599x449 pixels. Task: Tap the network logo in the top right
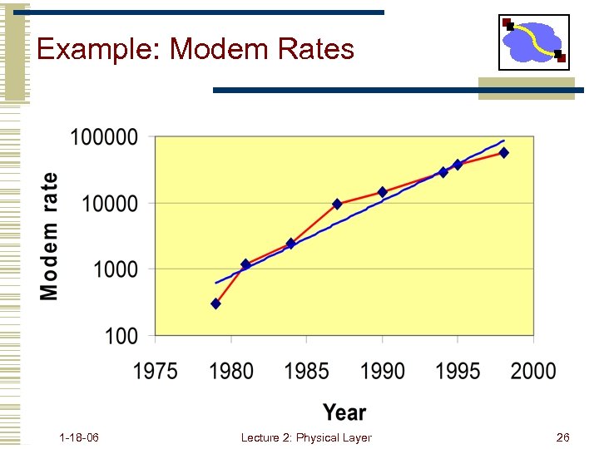pyautogui.click(x=533, y=42)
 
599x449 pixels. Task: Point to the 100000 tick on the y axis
pyautogui.click(x=104, y=137)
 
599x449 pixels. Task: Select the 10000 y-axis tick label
pyautogui.click(x=109, y=203)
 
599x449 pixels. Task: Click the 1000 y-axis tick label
pyautogui.click(x=115, y=269)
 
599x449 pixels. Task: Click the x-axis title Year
pyautogui.click(x=344, y=412)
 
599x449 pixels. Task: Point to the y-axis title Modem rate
pyautogui.click(x=50, y=236)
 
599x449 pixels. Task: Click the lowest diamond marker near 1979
pyautogui.click(x=215, y=304)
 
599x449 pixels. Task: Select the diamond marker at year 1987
pyautogui.click(x=337, y=204)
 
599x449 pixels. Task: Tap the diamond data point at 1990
pyautogui.click(x=383, y=192)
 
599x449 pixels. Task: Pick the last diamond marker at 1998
pyautogui.click(x=504, y=153)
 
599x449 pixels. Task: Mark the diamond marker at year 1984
pyautogui.click(x=291, y=244)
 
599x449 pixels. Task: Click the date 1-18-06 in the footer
pyautogui.click(x=80, y=437)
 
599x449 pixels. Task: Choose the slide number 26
pyautogui.click(x=562, y=437)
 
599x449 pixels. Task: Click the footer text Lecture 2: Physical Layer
pyautogui.click(x=306, y=437)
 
